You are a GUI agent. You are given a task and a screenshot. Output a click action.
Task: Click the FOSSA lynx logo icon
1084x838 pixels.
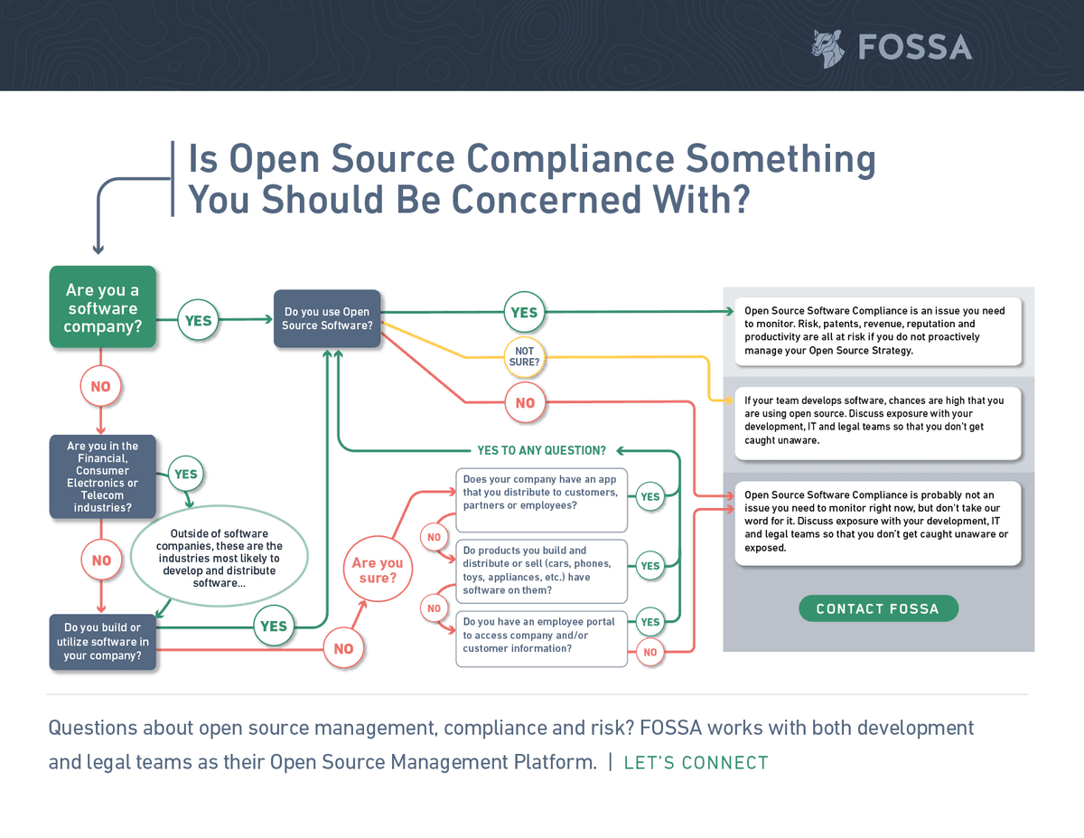pos(827,48)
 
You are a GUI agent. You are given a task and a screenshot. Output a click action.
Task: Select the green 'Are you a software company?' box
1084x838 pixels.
pos(102,307)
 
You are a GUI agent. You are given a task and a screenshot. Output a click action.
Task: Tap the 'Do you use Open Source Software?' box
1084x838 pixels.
pos(327,318)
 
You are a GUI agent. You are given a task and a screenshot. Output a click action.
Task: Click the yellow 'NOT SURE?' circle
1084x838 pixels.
pos(524,356)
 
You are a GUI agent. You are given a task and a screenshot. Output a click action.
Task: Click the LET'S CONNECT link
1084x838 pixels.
pos(696,763)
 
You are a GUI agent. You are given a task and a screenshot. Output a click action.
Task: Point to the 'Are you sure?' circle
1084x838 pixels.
pos(378,570)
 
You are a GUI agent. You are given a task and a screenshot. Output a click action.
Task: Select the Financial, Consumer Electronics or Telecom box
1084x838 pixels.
pos(102,476)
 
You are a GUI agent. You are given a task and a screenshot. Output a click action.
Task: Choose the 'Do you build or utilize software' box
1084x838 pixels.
pos(102,642)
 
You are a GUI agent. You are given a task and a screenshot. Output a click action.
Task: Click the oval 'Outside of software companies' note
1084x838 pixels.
pos(220,559)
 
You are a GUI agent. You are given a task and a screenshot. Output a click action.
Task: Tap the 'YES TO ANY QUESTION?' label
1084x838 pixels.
pos(541,450)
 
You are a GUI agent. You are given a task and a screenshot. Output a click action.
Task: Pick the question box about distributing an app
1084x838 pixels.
pos(541,500)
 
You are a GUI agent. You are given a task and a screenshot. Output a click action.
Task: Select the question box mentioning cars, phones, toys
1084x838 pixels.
pos(541,570)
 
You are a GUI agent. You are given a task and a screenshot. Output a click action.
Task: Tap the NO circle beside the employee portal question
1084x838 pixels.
pos(649,652)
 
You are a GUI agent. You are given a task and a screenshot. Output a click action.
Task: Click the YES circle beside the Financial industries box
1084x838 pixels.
pos(185,474)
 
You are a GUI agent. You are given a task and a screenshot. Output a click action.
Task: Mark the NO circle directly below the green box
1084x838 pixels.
pos(100,386)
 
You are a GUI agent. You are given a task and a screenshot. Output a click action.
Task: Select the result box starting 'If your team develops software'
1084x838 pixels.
pos(877,420)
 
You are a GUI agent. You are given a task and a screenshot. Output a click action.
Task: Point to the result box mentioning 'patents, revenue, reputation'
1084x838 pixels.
pos(877,331)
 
